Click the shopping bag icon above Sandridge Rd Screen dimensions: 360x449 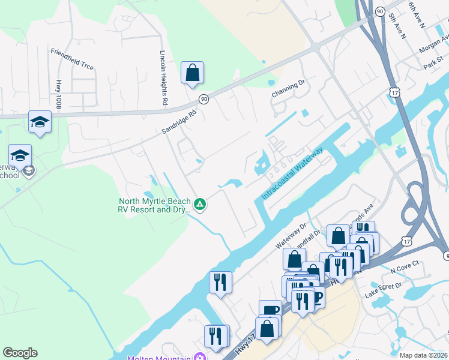click(192, 73)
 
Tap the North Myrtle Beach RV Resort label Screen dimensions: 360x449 click(155, 205)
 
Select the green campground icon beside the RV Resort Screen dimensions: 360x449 click(200, 205)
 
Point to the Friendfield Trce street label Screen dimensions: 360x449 click(72, 59)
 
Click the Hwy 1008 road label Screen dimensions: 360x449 click(59, 94)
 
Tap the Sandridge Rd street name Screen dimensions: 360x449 click(179, 122)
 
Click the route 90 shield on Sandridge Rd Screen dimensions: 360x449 click(204, 99)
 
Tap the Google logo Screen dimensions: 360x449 click(20, 353)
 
